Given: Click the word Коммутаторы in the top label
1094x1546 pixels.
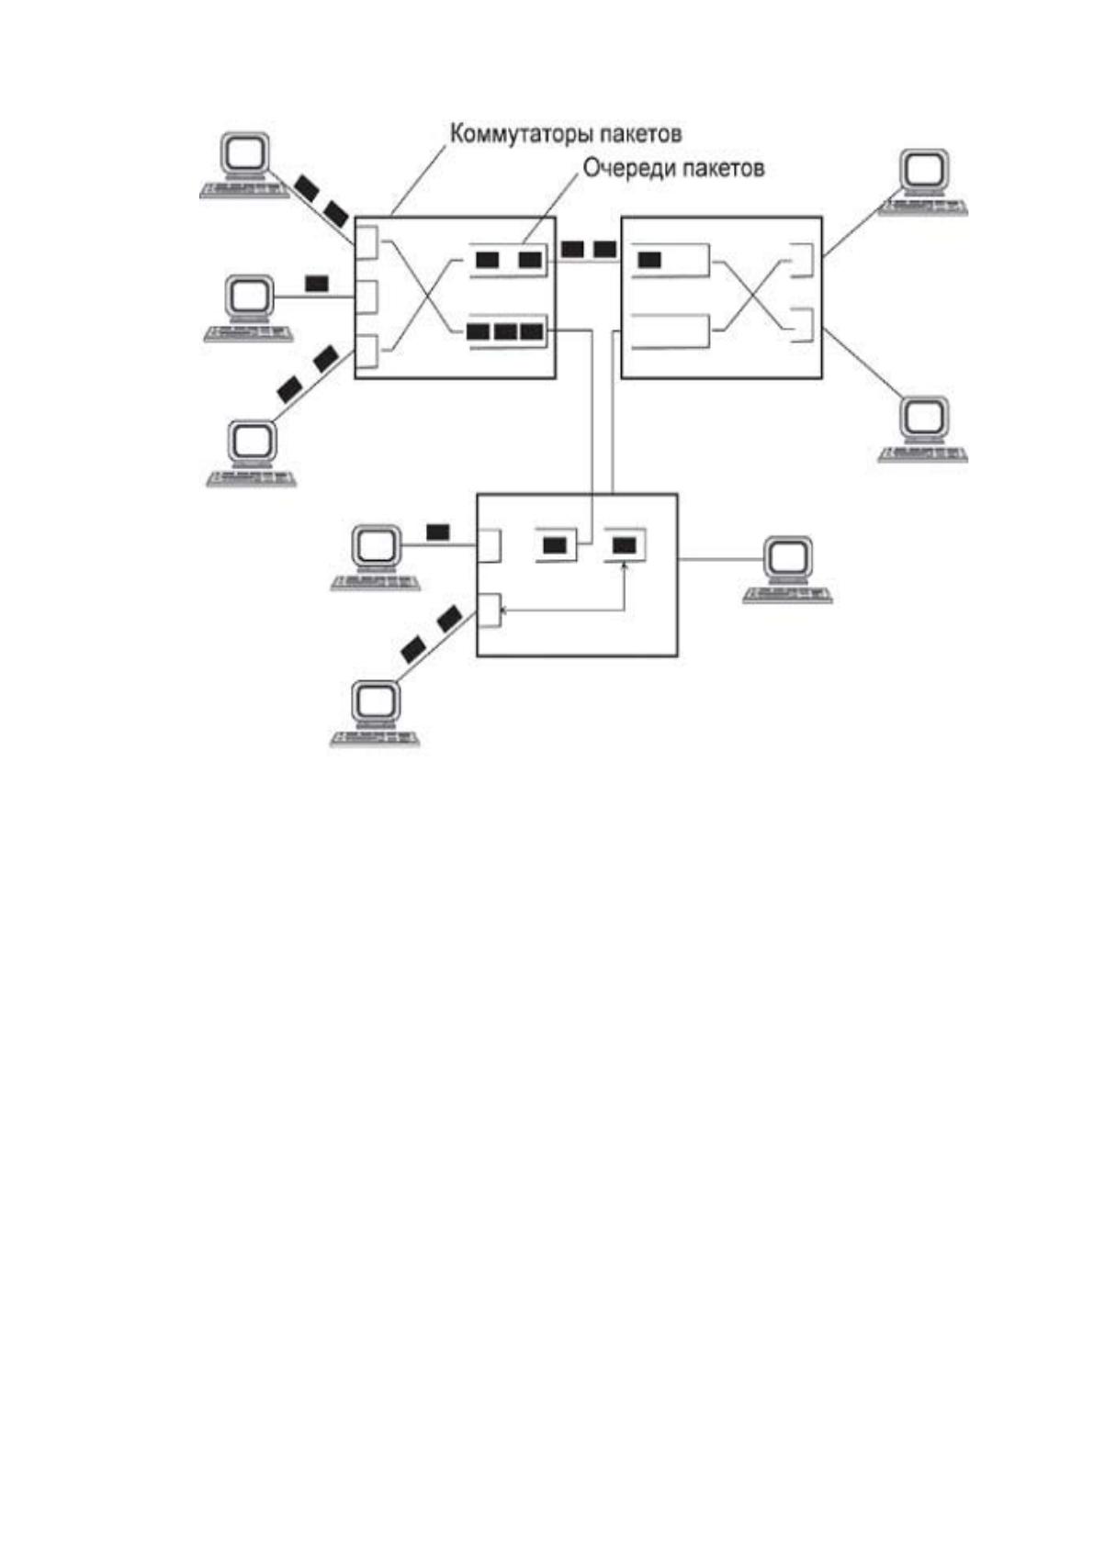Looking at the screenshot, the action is pyautogui.click(x=520, y=133).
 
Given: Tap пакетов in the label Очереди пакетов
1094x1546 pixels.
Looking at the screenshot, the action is pyautogui.click(x=718, y=168).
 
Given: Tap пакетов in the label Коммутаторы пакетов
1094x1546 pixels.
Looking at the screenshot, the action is pyautogui.click(x=640, y=133).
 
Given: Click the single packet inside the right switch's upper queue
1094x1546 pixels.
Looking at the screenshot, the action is pyautogui.click(x=649, y=260).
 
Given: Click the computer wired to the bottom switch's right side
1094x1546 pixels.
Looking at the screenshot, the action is pyautogui.click(x=787, y=570).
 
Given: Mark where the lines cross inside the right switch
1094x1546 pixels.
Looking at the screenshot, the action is pyautogui.click(x=750, y=296).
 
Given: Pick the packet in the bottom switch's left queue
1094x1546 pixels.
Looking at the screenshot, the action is pyautogui.click(x=554, y=545).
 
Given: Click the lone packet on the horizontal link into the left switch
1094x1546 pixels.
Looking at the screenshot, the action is pyautogui.click(x=317, y=283).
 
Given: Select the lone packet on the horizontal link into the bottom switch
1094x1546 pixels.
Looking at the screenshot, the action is pyautogui.click(x=438, y=532).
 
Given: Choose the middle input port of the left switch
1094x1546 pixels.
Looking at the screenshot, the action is pyautogui.click(x=367, y=297).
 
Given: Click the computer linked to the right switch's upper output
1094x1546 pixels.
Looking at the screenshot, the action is pyautogui.click(x=923, y=182).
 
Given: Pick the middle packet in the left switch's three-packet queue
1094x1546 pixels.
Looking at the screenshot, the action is pyautogui.click(x=505, y=331).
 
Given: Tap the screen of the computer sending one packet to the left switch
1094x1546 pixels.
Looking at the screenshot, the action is pyautogui.click(x=249, y=296).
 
